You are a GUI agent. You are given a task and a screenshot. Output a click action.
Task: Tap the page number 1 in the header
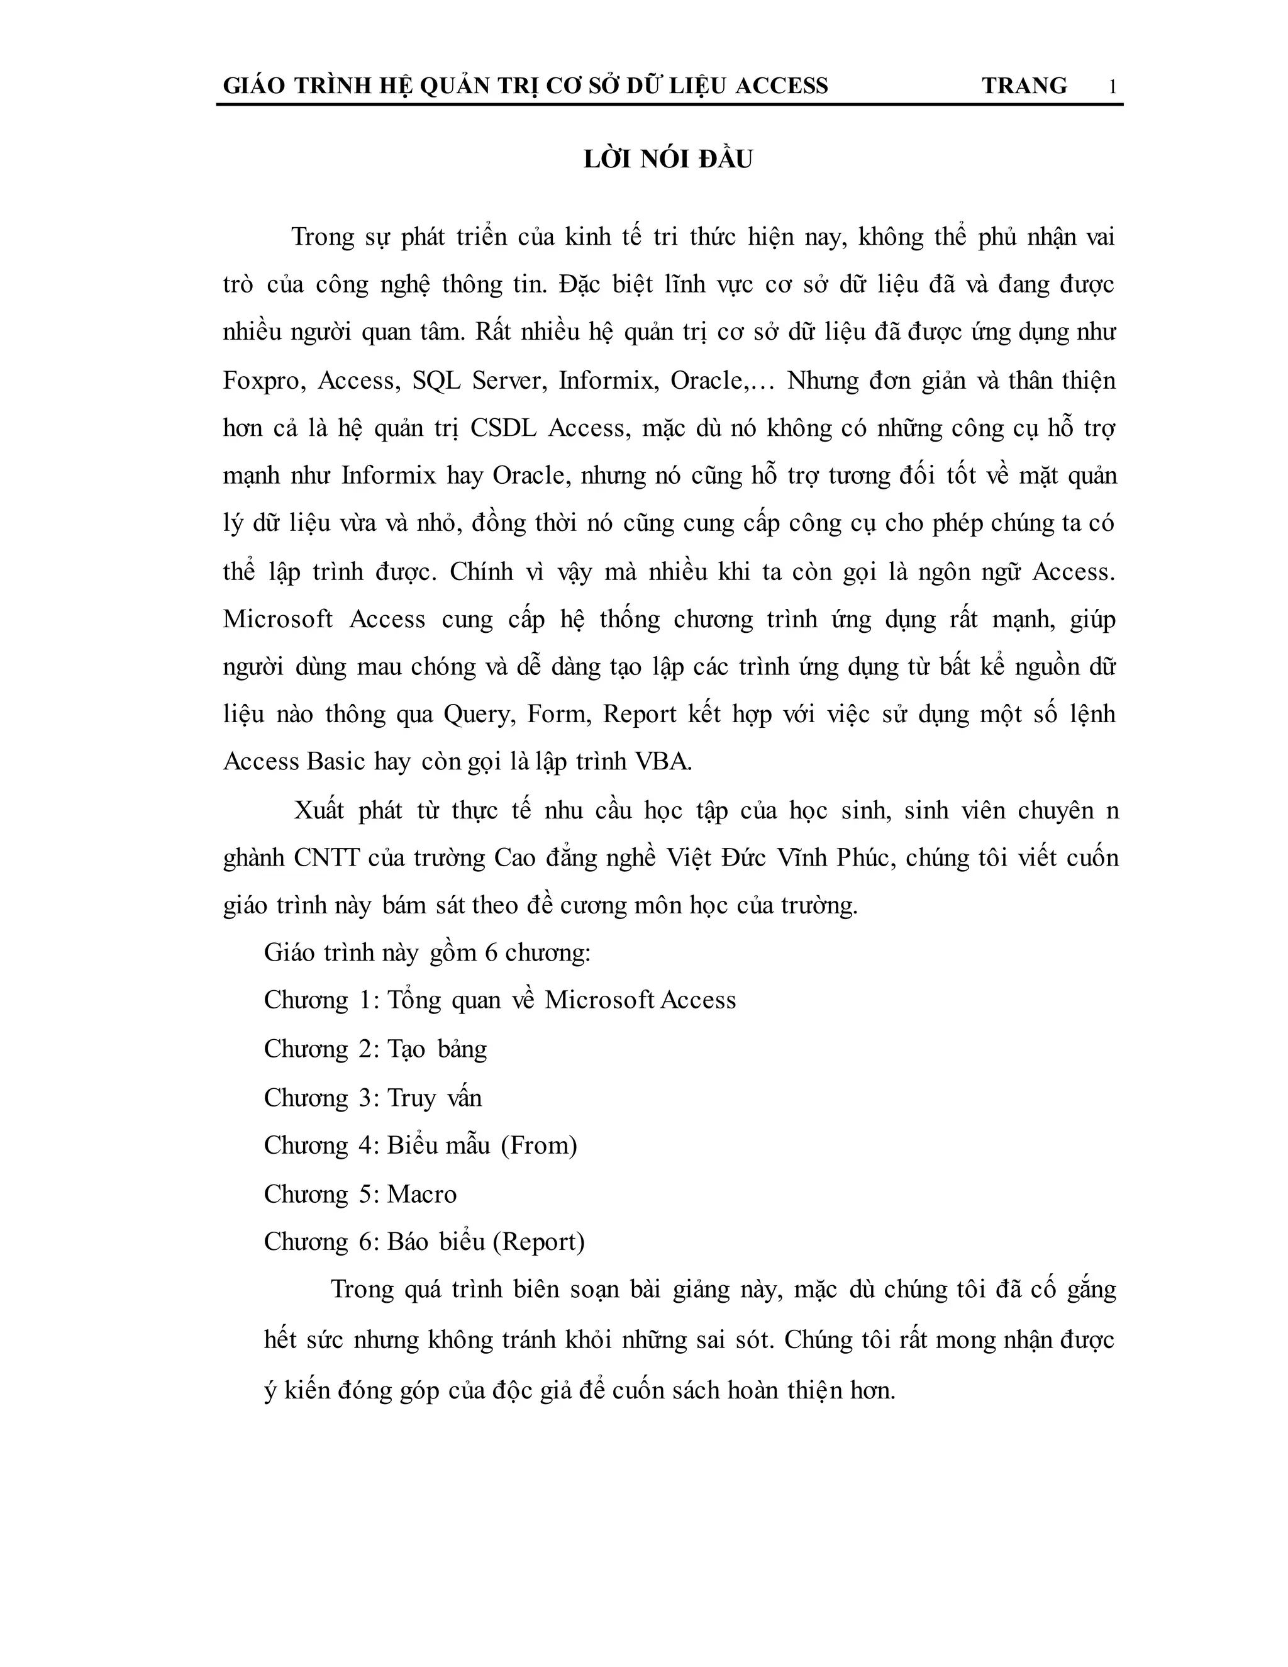(1112, 87)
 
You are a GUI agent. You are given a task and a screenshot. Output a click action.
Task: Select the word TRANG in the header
(1024, 86)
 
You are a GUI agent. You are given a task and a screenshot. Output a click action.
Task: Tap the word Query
(479, 715)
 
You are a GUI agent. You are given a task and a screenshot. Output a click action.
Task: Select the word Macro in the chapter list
(422, 1194)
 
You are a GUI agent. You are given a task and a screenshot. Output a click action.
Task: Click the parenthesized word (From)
(539, 1146)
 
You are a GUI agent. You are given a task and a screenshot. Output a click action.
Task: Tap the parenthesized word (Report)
(539, 1242)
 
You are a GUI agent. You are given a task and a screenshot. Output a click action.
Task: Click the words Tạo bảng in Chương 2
(437, 1049)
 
